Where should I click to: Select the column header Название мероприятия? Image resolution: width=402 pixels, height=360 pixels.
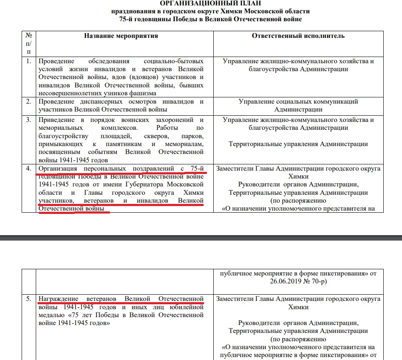121,36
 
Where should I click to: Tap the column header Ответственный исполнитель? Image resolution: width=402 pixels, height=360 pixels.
298,36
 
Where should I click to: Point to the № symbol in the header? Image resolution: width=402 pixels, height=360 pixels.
29,36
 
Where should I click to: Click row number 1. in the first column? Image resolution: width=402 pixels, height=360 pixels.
29,61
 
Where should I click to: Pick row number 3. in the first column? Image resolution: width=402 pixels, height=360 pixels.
29,120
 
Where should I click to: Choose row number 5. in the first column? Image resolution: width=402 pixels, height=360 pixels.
29,299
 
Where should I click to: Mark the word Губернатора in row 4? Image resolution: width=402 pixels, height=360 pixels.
149,184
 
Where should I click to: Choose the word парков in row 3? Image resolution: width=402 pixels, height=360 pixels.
193,136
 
